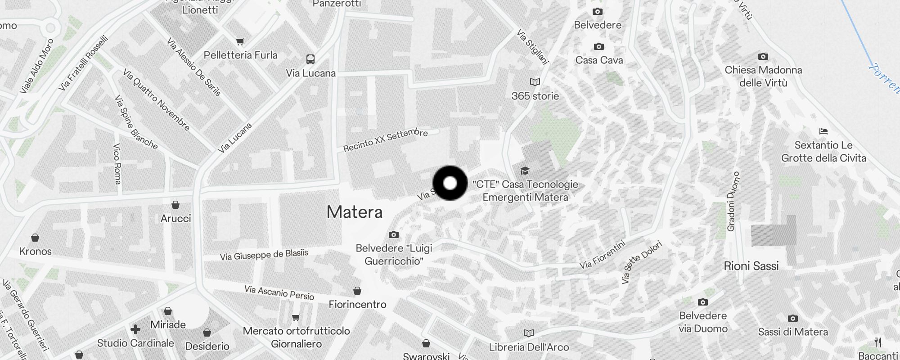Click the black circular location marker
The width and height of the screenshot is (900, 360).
pos(450,183)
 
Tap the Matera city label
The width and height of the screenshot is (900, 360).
pos(355,212)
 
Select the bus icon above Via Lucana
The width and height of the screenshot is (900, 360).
pos(310,59)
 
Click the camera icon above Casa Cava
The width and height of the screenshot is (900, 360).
pos(598,47)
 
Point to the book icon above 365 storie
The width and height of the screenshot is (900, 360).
pos(535,82)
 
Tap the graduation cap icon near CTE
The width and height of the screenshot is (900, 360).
pos(524,171)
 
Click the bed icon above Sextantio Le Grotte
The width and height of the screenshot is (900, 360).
pos(823,132)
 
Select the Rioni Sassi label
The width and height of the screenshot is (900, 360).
pos(751,266)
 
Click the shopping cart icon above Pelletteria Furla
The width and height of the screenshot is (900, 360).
pos(241,42)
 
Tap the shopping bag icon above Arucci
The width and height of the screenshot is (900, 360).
pos(175,205)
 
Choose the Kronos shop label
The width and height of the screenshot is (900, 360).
pos(36,251)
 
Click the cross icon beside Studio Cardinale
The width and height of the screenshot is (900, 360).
pos(135,329)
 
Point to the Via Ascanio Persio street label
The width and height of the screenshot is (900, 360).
pos(279,292)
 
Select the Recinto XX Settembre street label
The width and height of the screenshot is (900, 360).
pos(385,140)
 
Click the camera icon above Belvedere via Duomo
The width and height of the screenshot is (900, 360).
pos(702,302)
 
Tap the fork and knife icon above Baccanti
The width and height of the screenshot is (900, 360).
pos(878,342)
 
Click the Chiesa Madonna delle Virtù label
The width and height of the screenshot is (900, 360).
pos(763,76)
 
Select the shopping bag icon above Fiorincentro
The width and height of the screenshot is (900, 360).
pos(357,291)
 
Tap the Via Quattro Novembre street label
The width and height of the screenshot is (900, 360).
pos(156,100)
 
